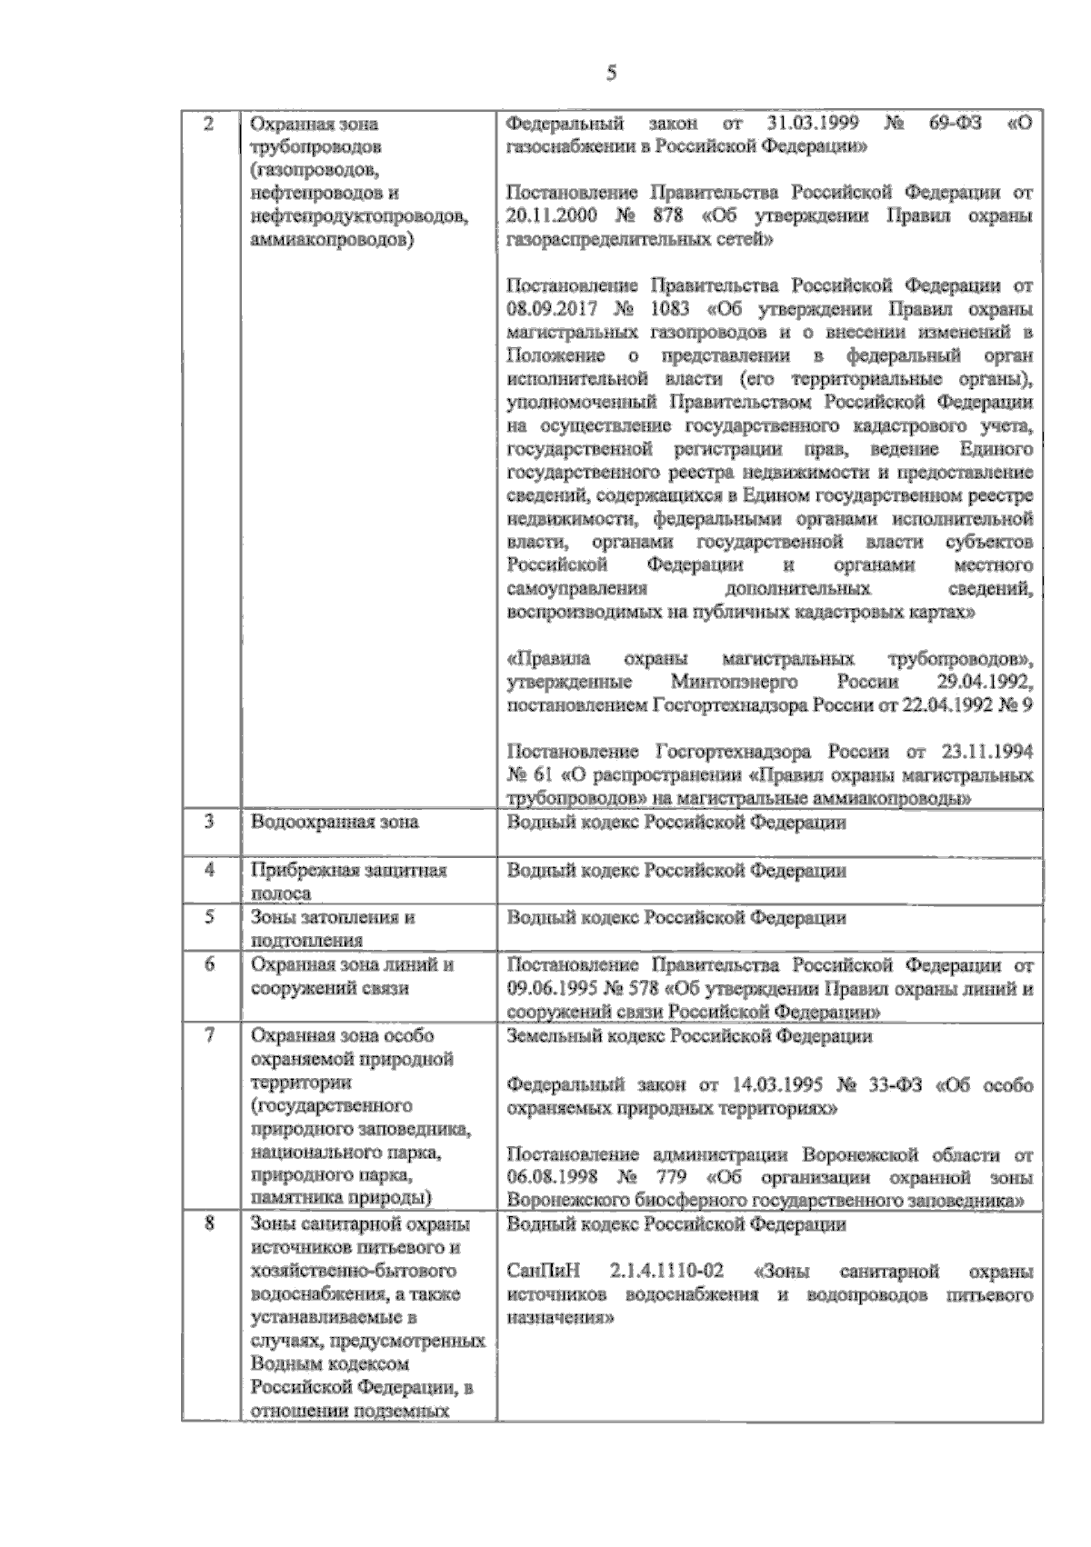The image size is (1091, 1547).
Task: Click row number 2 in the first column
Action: coord(208,124)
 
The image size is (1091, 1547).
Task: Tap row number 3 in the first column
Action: coord(208,822)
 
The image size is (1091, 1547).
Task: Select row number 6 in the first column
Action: coord(208,964)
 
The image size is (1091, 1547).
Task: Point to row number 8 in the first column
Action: coord(208,1224)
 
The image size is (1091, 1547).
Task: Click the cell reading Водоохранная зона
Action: coord(335,823)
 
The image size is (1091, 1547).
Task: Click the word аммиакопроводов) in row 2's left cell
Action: coord(330,240)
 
